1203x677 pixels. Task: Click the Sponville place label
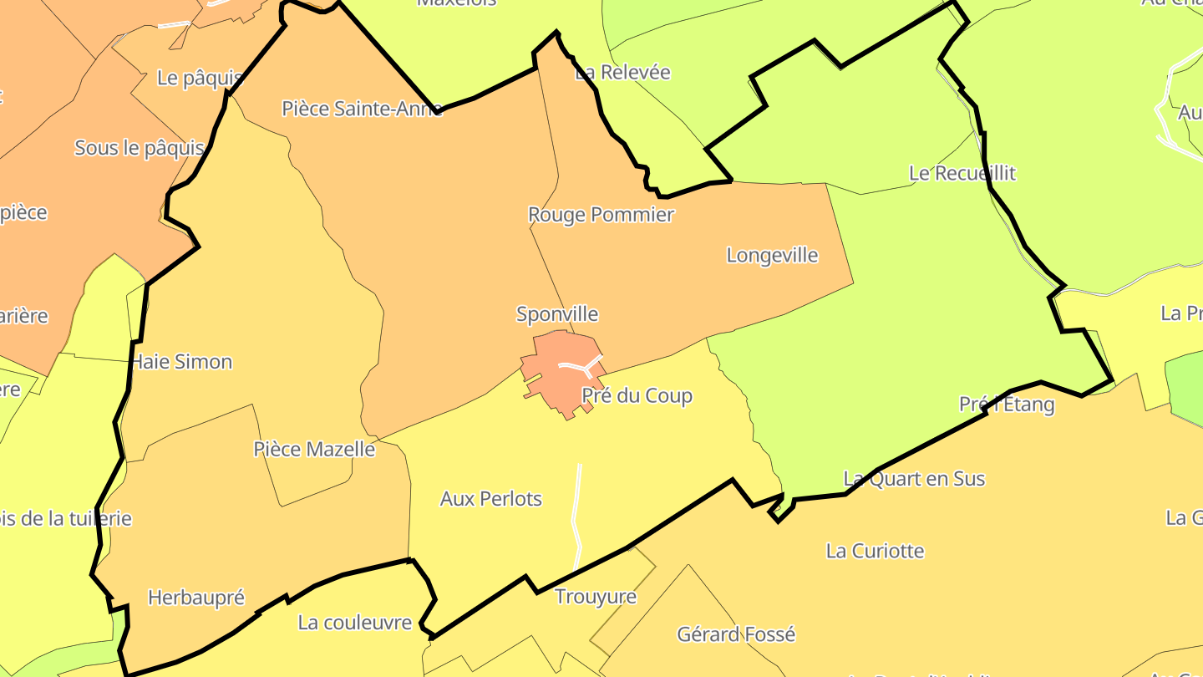click(557, 314)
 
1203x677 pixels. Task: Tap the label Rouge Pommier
click(601, 215)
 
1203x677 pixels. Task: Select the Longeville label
click(772, 255)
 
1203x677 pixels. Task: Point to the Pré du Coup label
click(637, 395)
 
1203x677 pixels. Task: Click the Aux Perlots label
click(491, 499)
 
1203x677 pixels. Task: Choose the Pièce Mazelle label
click(314, 449)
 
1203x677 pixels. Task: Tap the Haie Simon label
click(181, 362)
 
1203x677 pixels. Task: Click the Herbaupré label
click(196, 598)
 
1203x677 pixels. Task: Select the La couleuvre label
click(355, 623)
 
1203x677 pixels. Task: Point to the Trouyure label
click(596, 597)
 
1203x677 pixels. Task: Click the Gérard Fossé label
click(736, 634)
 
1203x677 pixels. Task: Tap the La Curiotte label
click(875, 551)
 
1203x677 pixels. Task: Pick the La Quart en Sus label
click(914, 479)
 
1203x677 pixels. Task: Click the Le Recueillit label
click(962, 173)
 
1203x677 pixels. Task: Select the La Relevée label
click(622, 72)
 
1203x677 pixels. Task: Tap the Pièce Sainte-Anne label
click(362, 108)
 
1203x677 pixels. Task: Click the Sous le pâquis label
click(140, 148)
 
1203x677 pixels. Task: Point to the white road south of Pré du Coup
click(577, 514)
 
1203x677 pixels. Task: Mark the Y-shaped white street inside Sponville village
click(581, 366)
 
